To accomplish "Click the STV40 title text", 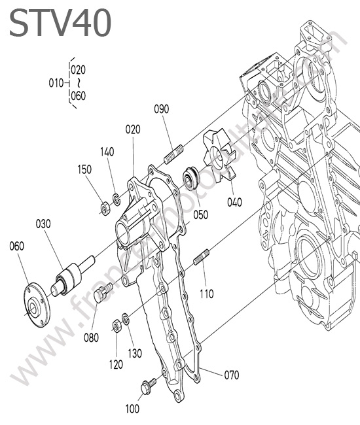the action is pos(60,23).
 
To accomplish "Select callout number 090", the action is pos(162,109).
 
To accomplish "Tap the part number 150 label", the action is pos(84,170).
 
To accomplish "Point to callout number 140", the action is pos(107,152).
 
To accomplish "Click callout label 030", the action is pos(43,224).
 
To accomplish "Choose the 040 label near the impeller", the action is pos(234,203).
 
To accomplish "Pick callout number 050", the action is pos(201,215).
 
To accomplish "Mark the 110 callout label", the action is pos(207,294).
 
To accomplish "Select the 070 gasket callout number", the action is pos(232,375).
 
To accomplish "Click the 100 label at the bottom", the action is pos(132,409).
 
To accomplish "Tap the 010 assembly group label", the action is pos(56,83).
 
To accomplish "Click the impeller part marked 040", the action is pos(219,156).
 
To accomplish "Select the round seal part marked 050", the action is pos(191,179).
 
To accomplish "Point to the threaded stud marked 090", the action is pos(173,154).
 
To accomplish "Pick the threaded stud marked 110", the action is pos(202,257).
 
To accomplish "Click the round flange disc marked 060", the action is pos(37,304).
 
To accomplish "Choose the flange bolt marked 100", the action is pos(149,386).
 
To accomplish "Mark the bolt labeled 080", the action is pos(103,292).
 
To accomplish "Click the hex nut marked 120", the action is pos(117,326).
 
